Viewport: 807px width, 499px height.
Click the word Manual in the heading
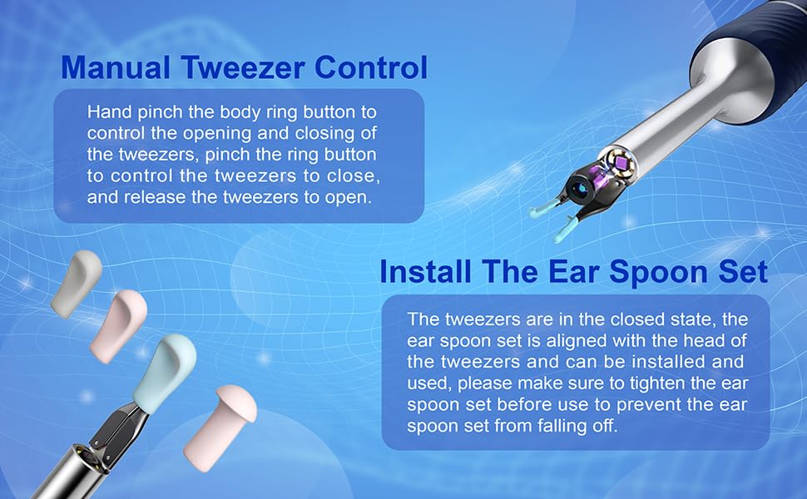coord(116,67)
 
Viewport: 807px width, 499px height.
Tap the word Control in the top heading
coord(371,67)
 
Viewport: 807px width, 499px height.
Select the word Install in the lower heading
coord(425,271)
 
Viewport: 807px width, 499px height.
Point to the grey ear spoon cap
coord(77,283)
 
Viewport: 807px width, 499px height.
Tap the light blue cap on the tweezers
coord(165,372)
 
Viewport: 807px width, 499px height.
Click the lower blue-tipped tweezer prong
coord(567,229)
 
